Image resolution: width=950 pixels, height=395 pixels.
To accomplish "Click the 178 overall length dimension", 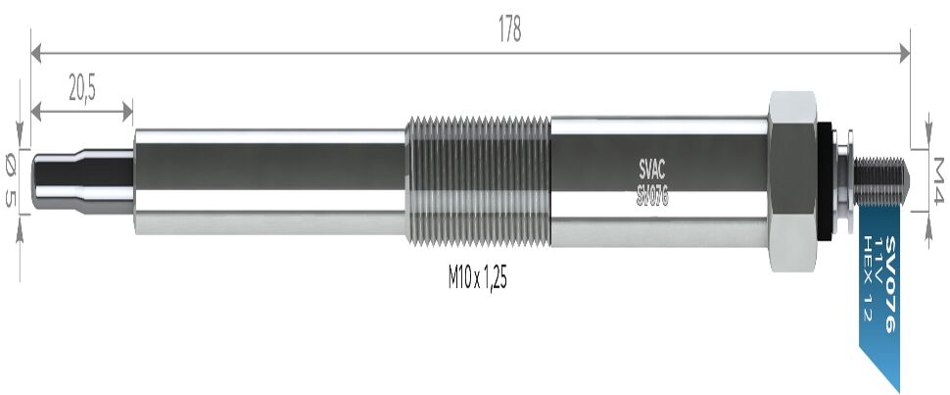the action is (509, 30).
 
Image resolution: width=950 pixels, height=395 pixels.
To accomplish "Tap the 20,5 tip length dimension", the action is (82, 89).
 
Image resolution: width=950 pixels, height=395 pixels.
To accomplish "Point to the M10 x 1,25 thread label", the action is (477, 278).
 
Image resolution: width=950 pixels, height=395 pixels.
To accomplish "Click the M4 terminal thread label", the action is (938, 180).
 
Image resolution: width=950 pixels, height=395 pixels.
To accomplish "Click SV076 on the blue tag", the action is (889, 284).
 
